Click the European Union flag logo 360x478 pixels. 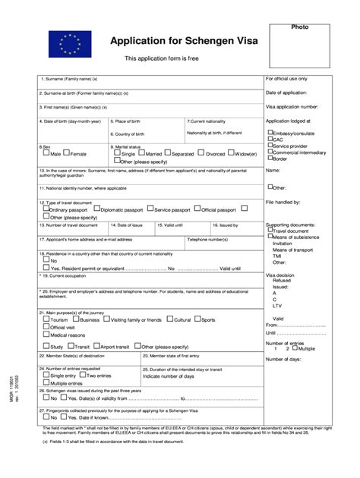(65, 44)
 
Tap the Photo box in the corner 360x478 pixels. (299, 47)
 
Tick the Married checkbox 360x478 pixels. (142, 153)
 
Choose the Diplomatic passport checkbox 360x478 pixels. (97, 209)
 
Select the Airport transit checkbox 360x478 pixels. (96, 345)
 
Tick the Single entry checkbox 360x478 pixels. (46, 375)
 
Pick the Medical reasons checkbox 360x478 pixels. (46, 334)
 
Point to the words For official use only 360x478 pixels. (286, 78)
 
